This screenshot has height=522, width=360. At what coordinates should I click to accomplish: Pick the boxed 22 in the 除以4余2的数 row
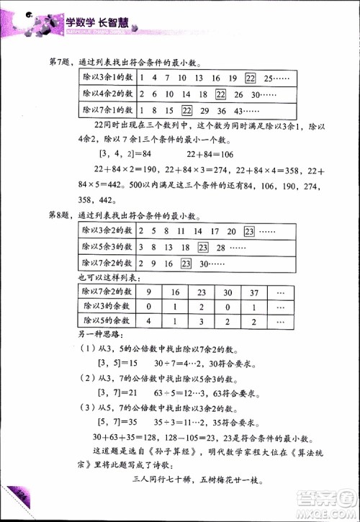point(221,94)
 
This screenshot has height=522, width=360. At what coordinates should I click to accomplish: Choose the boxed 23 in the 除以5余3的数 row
point(204,247)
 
